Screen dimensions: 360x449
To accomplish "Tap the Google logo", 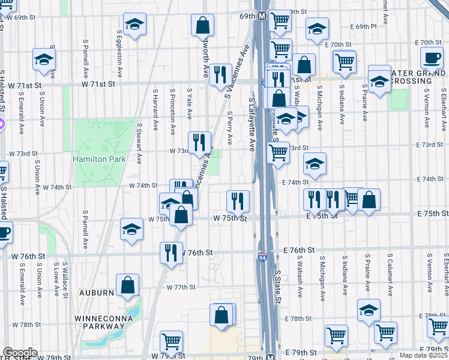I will [x=20, y=353].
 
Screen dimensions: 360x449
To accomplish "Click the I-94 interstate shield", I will [x=263, y=257].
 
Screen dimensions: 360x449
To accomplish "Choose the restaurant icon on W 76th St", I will [x=172, y=253].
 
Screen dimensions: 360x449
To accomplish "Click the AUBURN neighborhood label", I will [x=95, y=293].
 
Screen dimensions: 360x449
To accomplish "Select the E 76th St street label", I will [x=299, y=250].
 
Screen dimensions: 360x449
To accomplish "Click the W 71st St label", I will [x=29, y=86].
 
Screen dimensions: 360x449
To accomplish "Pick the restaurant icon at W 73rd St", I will [x=199, y=142].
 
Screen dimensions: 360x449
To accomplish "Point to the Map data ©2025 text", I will [x=423, y=355].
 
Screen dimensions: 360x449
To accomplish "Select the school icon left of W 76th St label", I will [x=132, y=229].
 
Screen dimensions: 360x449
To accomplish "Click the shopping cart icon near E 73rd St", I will [x=279, y=152].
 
